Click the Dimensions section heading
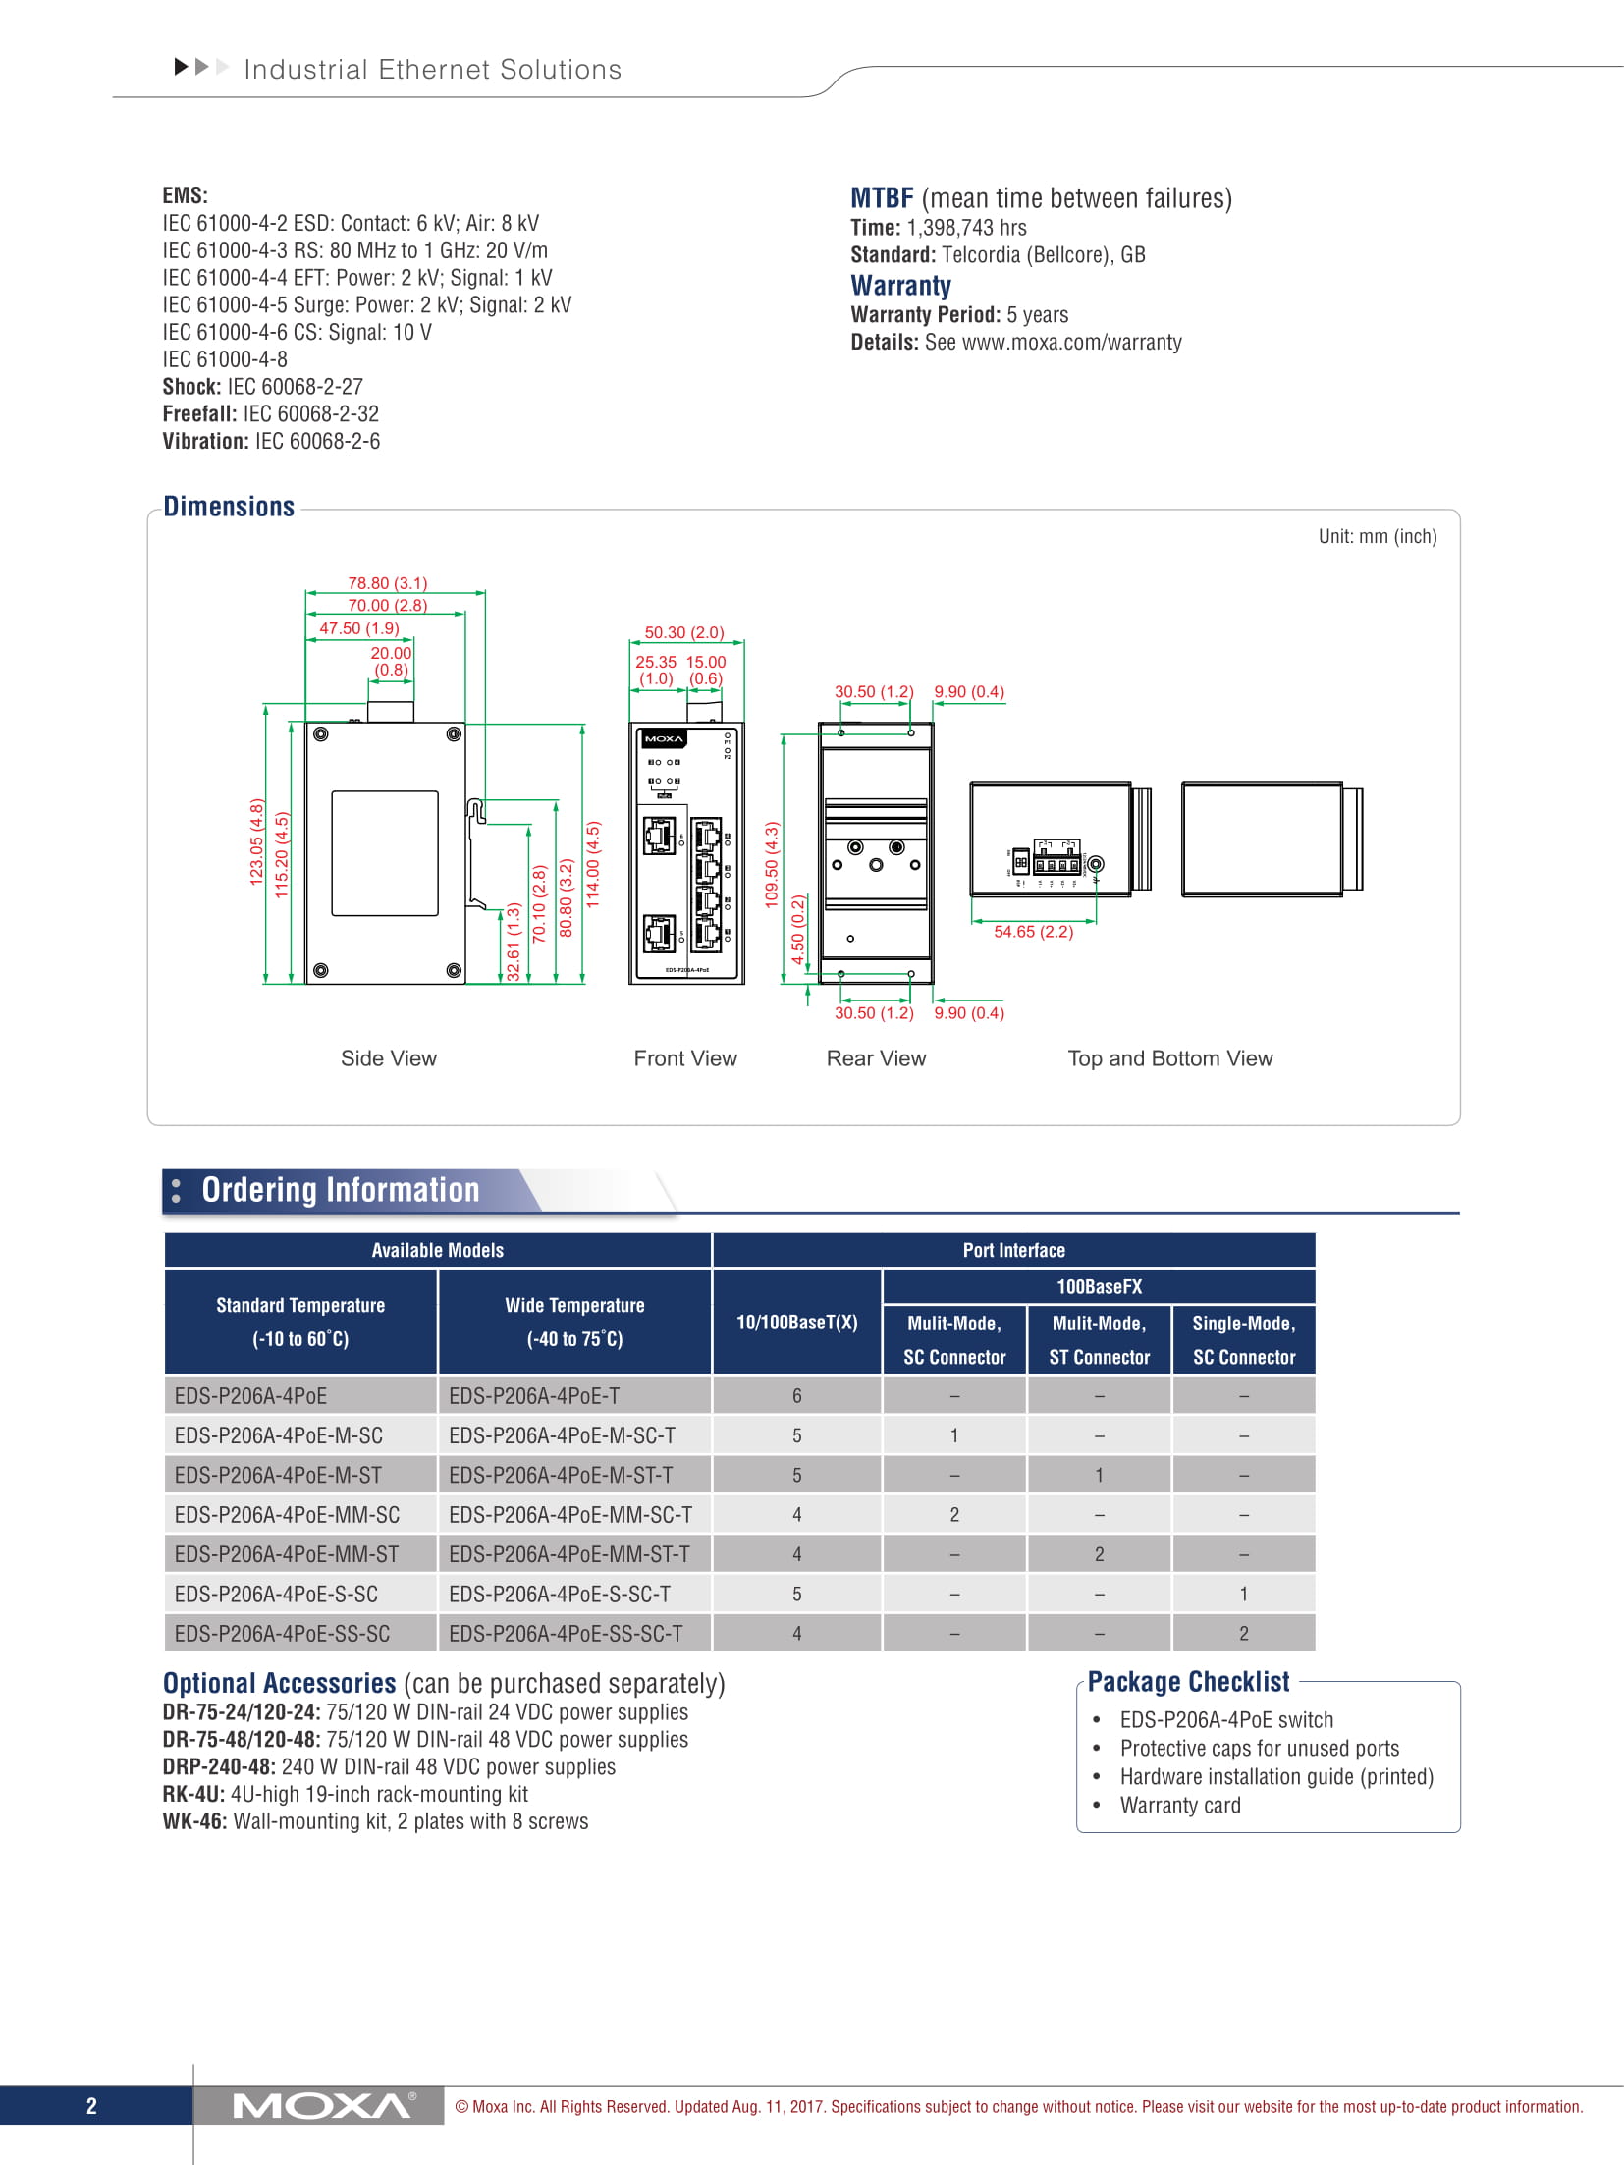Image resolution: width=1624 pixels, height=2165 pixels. click(x=229, y=507)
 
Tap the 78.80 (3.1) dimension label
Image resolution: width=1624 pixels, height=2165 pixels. click(x=387, y=583)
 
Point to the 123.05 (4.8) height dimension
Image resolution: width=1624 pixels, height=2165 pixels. click(x=257, y=841)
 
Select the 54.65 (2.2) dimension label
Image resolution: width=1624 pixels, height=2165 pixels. click(x=1033, y=932)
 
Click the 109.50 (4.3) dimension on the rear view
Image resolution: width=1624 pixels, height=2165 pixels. click(x=772, y=864)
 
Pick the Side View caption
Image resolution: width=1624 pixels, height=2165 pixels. click(x=388, y=1058)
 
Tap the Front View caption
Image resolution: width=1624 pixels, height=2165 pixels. click(x=684, y=1058)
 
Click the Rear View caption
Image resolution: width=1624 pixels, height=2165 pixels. click(x=876, y=1058)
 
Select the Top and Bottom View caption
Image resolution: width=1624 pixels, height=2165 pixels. click(x=1169, y=1058)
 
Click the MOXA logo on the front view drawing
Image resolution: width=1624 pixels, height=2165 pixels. click(x=664, y=738)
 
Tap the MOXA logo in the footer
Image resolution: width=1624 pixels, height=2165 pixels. click(x=322, y=2105)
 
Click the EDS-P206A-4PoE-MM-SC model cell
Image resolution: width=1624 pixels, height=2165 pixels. click(x=287, y=1515)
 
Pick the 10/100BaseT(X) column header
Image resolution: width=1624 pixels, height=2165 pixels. click(x=797, y=1322)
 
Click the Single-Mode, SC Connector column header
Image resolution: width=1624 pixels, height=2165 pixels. click(x=1244, y=1339)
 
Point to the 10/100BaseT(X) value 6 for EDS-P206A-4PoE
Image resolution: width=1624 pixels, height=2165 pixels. click(x=797, y=1396)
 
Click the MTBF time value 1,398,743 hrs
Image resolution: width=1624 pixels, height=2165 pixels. click(x=966, y=228)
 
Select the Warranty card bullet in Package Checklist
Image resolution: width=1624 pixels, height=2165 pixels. click(x=1180, y=1805)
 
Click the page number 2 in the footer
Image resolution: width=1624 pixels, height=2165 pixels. click(x=91, y=2105)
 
